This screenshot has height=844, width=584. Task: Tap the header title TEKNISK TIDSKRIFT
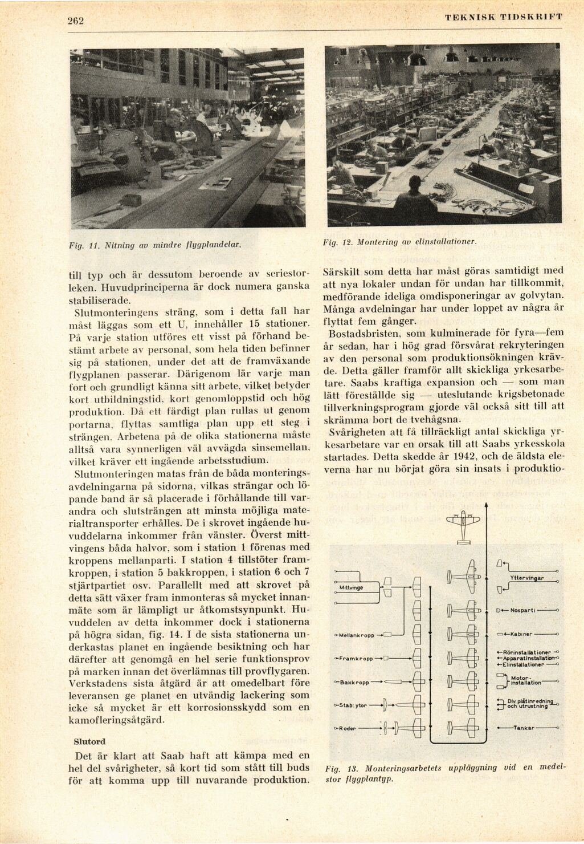pyautogui.click(x=504, y=17)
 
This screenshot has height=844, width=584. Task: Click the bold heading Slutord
pyautogui.click(x=89, y=742)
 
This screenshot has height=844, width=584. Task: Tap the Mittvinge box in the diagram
pyautogui.click(x=351, y=587)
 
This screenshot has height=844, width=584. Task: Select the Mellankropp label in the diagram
pyautogui.click(x=356, y=635)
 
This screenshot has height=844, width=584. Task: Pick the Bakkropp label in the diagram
pyautogui.click(x=355, y=682)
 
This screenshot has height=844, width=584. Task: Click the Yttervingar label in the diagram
pyautogui.click(x=526, y=578)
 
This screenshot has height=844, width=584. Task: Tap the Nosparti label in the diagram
pyautogui.click(x=521, y=610)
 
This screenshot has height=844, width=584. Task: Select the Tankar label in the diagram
pyautogui.click(x=522, y=728)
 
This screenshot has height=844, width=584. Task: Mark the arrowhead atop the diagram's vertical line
pyautogui.click(x=486, y=504)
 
